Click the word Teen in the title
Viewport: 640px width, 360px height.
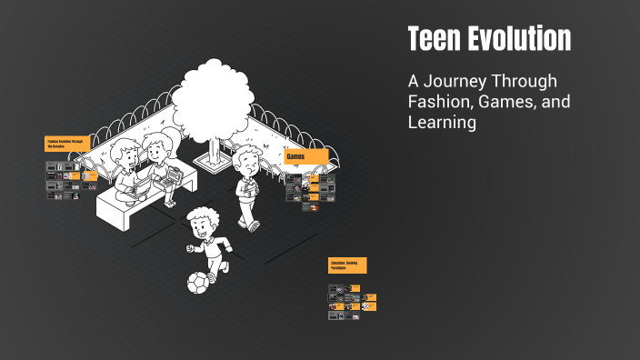[432, 39]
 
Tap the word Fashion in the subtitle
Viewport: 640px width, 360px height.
[441, 102]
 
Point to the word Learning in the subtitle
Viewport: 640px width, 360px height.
[442, 123]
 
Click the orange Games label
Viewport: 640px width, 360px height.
[306, 157]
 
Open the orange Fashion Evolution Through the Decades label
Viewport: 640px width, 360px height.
[71, 144]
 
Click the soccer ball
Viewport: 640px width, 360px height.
[198, 284]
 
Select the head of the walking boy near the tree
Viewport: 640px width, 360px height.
[246, 162]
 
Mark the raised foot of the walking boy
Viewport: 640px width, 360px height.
[255, 224]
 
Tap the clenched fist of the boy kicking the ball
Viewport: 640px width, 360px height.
[190, 248]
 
